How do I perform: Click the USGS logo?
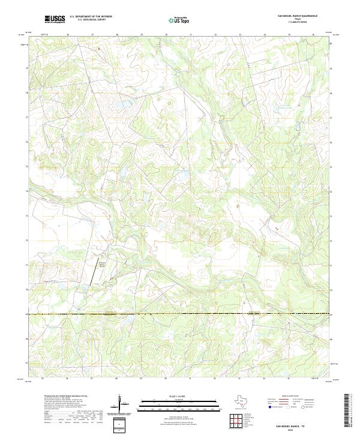click(55, 19)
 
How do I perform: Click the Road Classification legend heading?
click(284, 397)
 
